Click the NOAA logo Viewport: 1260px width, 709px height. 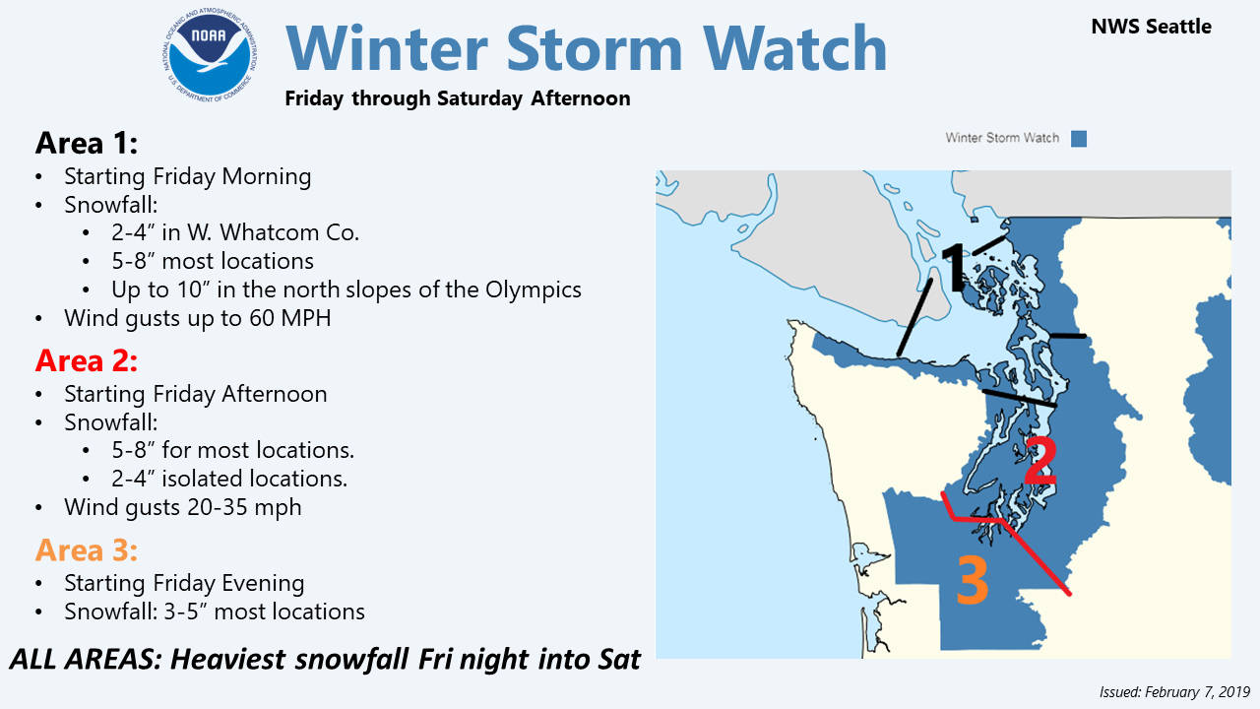(210, 57)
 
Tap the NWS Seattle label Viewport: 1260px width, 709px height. (1151, 27)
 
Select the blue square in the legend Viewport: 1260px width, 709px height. (1078, 138)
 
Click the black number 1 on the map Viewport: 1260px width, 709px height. (953, 268)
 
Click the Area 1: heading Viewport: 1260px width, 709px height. (87, 143)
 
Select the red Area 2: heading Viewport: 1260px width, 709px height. (87, 360)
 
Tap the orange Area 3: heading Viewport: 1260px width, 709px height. (87, 548)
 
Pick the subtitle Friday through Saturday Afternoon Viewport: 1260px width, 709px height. (457, 98)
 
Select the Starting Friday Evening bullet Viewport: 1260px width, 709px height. (184, 583)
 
